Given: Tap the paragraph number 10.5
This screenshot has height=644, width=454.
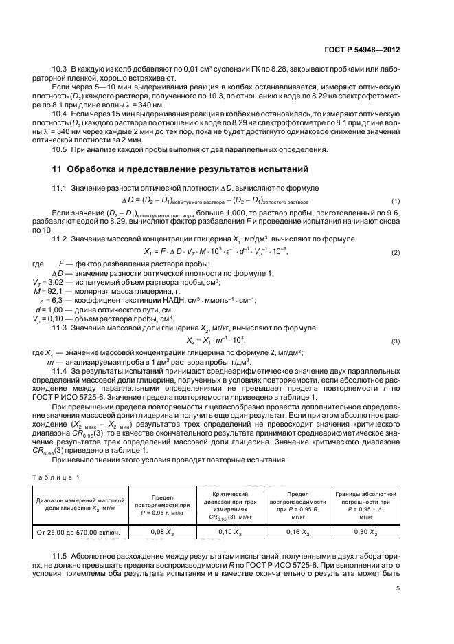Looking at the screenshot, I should pyautogui.click(x=60, y=150).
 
